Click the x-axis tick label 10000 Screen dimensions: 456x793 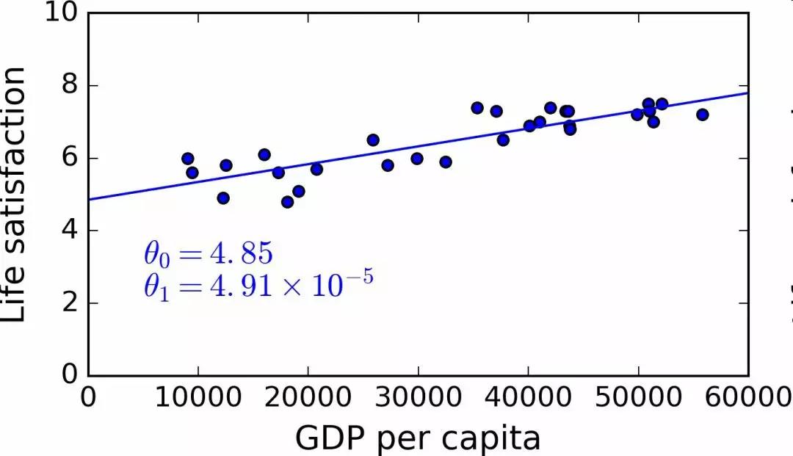tap(198, 398)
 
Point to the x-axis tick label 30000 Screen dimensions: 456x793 tap(418, 398)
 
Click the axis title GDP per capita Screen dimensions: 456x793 tap(418, 438)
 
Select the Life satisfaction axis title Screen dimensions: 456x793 tap(15, 194)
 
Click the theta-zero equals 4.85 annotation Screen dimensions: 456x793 tap(208, 254)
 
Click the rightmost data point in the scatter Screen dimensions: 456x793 tap(703, 115)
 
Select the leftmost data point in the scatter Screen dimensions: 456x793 tap(187, 159)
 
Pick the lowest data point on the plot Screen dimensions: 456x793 tap(288, 202)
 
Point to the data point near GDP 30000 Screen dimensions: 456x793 tap(417, 159)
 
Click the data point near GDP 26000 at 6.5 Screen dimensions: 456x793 tap(373, 140)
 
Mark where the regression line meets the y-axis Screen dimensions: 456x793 tap(88, 199)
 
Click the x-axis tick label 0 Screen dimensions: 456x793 tap(88, 398)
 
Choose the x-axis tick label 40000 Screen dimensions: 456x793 tap(528, 398)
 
